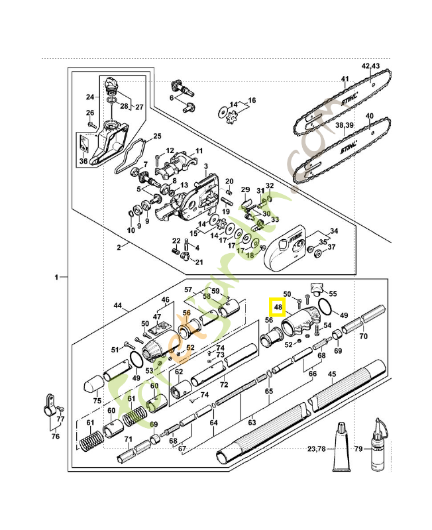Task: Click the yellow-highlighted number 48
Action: click(277, 307)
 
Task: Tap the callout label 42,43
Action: click(371, 66)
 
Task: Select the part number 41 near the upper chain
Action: click(345, 79)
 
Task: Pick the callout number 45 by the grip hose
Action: click(332, 374)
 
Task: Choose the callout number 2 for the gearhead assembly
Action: click(119, 247)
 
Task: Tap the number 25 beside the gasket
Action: click(157, 136)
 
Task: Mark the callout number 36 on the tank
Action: click(83, 161)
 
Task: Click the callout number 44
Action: click(119, 305)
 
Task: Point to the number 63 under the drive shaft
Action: click(252, 420)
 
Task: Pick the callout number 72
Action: click(224, 384)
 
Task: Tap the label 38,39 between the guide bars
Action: click(344, 125)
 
